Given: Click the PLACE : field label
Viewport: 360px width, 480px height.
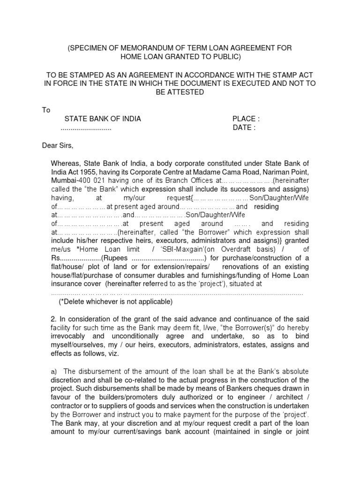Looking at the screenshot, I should pos(246,119).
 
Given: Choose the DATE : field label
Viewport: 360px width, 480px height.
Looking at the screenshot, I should pos(244,128).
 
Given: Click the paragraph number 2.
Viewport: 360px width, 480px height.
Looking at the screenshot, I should pos(53,319).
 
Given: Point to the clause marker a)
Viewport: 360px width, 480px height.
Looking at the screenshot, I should pos(54,371).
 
